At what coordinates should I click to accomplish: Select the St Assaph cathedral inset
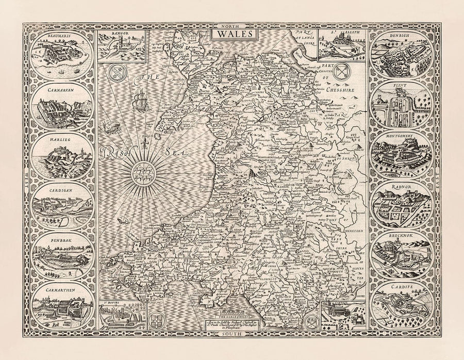pos(341,46)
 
